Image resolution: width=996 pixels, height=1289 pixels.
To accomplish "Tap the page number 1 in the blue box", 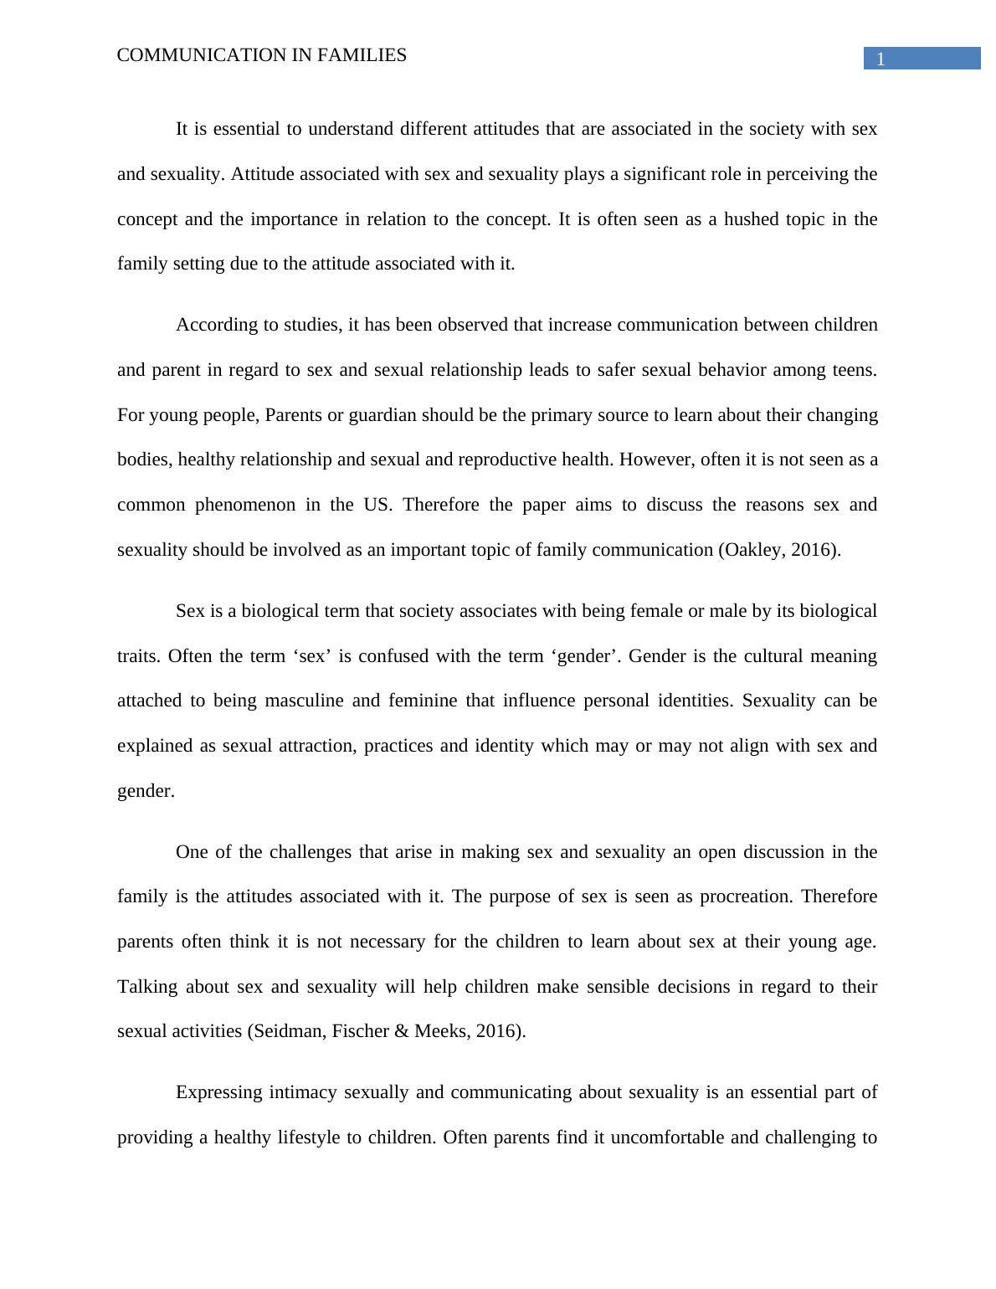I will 880,59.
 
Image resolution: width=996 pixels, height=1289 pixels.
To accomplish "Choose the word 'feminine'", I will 423,701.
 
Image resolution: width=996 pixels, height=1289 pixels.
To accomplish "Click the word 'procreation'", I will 746,896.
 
